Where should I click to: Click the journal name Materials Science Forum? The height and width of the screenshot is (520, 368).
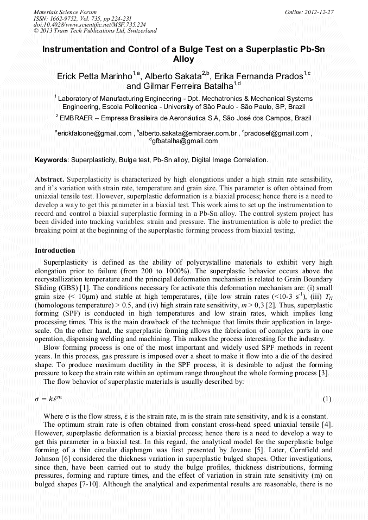click(65, 11)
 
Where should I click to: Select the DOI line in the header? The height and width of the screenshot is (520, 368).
click(90, 24)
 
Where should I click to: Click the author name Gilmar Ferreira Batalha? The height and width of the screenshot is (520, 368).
click(179, 86)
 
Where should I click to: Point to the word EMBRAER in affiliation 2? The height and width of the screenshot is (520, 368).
click(77, 117)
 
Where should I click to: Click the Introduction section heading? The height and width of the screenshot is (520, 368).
click(55, 251)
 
